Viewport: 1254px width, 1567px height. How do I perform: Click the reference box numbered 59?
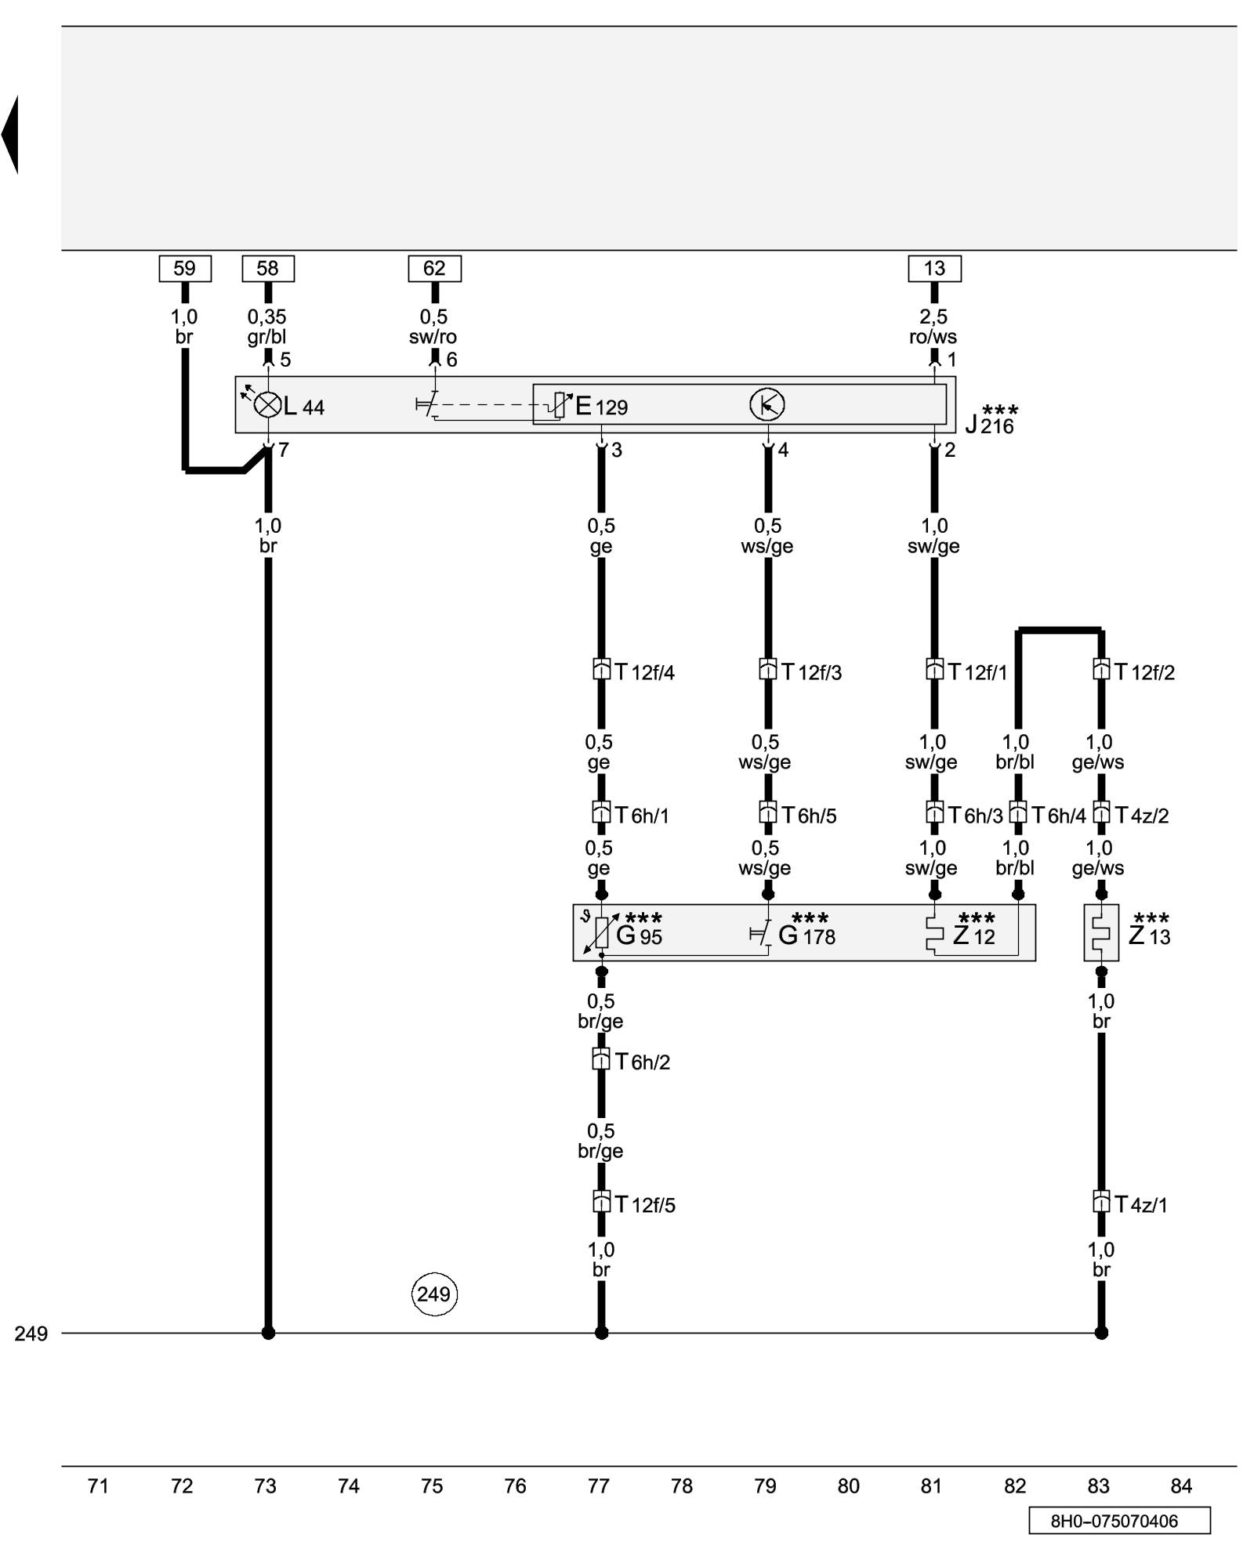pyautogui.click(x=185, y=268)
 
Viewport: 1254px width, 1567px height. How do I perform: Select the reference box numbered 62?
pyautogui.click(x=434, y=268)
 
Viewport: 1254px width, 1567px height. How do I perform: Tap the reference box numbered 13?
pyautogui.click(x=934, y=268)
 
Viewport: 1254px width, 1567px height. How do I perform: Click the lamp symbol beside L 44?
pyautogui.click(x=268, y=405)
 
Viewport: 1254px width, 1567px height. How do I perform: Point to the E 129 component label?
pyautogui.click(x=601, y=406)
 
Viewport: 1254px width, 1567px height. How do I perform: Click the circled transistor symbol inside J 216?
pyautogui.click(x=767, y=404)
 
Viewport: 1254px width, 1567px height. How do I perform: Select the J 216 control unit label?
pyautogui.click(x=991, y=422)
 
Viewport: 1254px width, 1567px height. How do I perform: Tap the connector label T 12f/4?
pyautogui.click(x=644, y=672)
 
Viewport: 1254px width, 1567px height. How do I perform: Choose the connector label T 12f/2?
pyautogui.click(x=1144, y=672)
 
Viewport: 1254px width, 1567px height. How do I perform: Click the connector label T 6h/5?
pyautogui.click(x=809, y=816)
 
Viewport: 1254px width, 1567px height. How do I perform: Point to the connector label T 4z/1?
pyautogui.click(x=1140, y=1204)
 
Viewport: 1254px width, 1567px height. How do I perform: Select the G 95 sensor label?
pyautogui.click(x=639, y=934)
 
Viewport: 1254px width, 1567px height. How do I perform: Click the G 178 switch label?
pyautogui.click(x=806, y=934)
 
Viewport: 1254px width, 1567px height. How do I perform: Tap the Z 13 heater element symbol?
pyautogui.click(x=1100, y=932)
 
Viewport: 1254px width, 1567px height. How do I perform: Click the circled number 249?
pyautogui.click(x=434, y=1294)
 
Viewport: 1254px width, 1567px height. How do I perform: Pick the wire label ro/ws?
pyautogui.click(x=933, y=337)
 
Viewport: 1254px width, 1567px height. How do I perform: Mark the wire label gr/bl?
pyautogui.click(x=267, y=337)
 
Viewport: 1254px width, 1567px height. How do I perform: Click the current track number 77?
pyautogui.click(x=599, y=1486)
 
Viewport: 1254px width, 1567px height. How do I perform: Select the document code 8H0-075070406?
pyautogui.click(x=1118, y=1521)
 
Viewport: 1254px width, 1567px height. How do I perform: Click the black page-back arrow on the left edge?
pyautogui.click(x=10, y=135)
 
